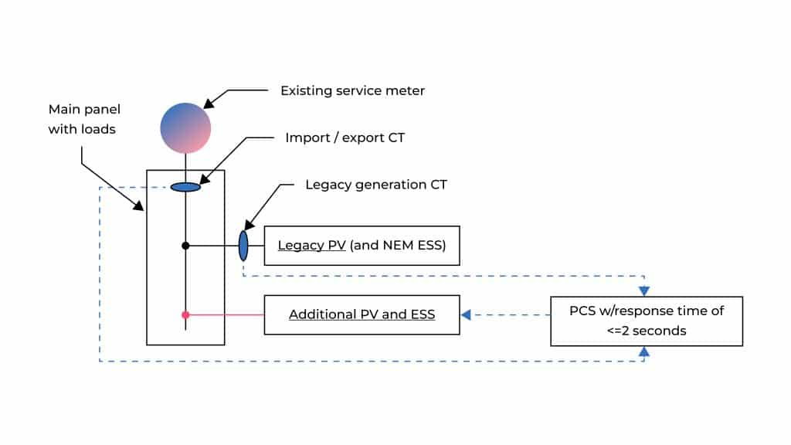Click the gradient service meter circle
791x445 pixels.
185,127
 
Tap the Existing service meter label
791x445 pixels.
352,90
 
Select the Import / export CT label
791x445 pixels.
345,138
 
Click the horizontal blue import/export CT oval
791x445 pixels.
185,187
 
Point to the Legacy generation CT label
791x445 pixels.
376,185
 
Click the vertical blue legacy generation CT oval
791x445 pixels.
243,246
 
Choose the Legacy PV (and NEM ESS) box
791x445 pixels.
362,246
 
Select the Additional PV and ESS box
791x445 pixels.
362,314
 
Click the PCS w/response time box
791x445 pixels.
646,321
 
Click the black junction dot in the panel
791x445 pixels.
185,246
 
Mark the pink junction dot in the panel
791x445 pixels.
185,314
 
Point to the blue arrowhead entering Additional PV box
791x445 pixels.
466,314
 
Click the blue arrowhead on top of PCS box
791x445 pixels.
644,291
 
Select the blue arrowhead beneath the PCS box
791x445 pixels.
644,351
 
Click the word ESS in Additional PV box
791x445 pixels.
421,314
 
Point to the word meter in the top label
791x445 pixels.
406,90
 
